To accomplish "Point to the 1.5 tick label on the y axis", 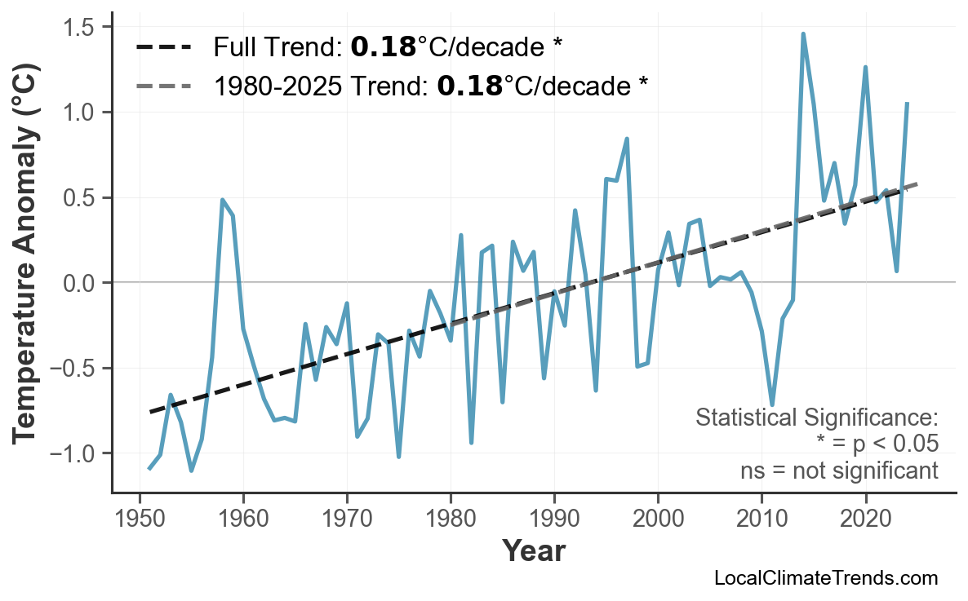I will [x=82, y=27].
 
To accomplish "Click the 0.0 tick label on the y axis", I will [x=82, y=283].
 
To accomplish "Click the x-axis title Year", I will [x=533, y=551].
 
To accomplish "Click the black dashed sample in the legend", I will [x=163, y=47].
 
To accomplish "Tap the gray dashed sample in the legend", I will [x=163, y=86].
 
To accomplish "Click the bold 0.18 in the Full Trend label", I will [x=384, y=47].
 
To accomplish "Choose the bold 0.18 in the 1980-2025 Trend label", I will [x=469, y=86].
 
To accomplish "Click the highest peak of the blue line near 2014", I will [x=803, y=33].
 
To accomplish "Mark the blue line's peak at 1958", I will [x=222, y=199].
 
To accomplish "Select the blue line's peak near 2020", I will [x=865, y=67].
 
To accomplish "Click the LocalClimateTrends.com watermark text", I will [x=825, y=578].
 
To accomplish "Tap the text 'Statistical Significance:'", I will [x=816, y=418].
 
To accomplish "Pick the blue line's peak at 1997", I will [x=627, y=139].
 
